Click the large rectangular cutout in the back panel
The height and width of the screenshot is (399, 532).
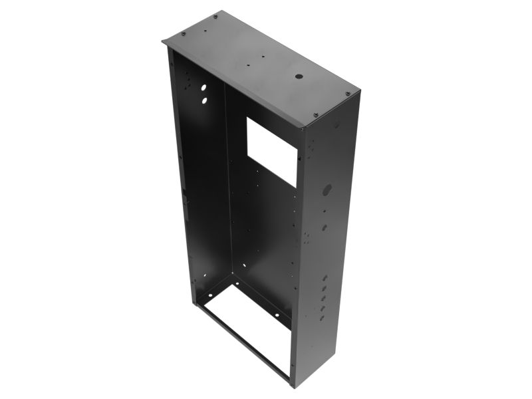272,152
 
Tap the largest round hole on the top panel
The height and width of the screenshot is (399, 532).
299,78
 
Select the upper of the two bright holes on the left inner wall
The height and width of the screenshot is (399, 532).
203,87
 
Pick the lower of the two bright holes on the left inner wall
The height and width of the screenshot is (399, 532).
203,100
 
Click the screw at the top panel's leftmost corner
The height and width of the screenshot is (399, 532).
184,35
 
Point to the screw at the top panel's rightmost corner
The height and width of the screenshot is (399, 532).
348,94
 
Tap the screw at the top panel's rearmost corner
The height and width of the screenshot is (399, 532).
215,17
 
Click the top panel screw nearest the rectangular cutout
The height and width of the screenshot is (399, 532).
315,114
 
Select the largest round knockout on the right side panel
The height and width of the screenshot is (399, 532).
327,190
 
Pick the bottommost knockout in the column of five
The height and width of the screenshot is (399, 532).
322,318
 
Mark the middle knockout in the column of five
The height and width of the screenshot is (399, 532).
323,299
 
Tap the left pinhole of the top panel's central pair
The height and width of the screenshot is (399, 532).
248,66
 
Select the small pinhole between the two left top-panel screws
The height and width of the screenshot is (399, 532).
199,27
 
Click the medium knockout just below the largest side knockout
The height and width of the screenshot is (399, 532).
325,227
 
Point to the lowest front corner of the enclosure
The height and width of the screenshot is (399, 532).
291,386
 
